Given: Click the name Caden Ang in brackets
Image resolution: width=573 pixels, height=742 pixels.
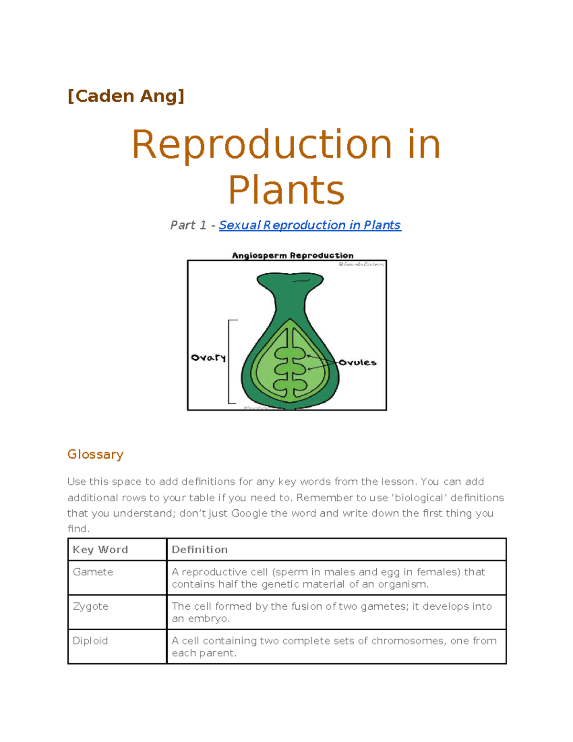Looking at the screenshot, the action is click(x=126, y=96).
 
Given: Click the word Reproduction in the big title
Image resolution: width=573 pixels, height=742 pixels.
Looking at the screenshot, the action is click(x=261, y=144).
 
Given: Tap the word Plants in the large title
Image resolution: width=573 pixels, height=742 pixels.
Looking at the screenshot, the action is click(x=286, y=190).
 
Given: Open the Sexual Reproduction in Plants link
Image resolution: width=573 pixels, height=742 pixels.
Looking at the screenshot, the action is click(x=310, y=225).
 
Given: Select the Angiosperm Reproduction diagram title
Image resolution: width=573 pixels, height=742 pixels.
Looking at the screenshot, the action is click(x=292, y=255).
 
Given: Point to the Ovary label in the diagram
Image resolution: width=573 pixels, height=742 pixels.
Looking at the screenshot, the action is click(x=208, y=357).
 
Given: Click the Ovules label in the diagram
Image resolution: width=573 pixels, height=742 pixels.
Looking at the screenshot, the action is click(x=358, y=363).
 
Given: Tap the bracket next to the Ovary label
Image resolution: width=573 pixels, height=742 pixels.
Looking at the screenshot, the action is click(x=230, y=361).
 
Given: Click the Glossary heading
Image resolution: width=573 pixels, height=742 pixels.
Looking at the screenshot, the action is click(x=95, y=454).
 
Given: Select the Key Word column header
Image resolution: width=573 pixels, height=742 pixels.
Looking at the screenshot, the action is click(x=100, y=549).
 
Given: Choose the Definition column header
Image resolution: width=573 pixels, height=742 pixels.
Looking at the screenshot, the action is click(x=200, y=549).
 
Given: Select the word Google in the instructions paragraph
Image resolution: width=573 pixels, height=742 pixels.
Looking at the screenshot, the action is click(x=249, y=513).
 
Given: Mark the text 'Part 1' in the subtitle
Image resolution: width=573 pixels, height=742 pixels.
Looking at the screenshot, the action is click(x=188, y=225).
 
